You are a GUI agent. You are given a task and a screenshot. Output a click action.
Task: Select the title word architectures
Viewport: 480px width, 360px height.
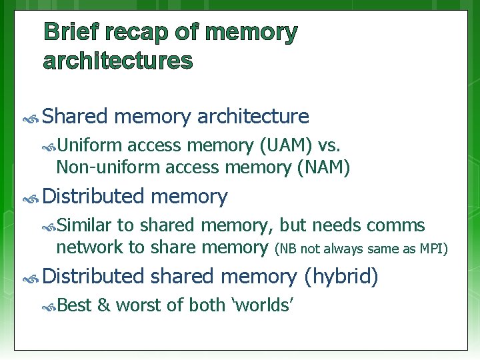click(x=118, y=61)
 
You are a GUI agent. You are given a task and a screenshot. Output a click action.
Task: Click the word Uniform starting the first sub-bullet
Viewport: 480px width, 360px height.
click(x=89, y=145)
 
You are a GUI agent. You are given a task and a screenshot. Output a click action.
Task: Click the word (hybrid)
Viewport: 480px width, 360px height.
click(x=341, y=276)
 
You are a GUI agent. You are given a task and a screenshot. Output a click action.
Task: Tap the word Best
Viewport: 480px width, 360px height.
click(x=74, y=305)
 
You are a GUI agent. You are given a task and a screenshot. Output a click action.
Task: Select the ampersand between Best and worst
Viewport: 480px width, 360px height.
click(x=103, y=305)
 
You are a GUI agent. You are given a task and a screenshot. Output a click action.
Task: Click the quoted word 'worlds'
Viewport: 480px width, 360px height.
click(x=262, y=305)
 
